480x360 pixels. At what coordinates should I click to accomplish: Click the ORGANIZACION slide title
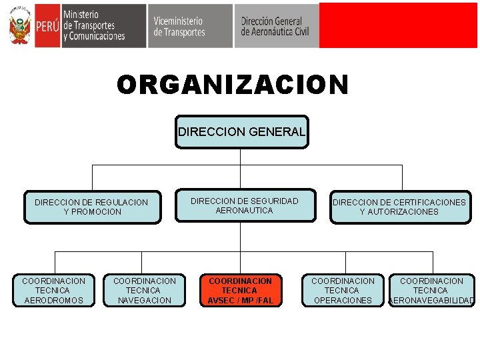coord(233,85)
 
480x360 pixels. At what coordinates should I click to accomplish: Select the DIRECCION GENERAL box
coord(241,132)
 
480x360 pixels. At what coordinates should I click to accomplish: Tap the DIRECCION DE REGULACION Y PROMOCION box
coord(91,207)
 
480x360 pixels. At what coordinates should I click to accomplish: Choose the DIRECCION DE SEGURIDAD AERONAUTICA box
coord(245,205)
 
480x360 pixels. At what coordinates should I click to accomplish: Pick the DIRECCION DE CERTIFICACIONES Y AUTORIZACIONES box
coord(399,207)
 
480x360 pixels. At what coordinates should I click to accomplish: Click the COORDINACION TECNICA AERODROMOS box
coord(53,291)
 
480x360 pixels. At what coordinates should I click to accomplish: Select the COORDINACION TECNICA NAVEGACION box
coord(145,291)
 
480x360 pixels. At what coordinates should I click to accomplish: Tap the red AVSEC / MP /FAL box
coord(241,291)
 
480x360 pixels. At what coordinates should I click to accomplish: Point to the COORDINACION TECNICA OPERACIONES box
coord(343,291)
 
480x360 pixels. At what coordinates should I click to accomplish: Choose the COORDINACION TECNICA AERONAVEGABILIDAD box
coord(431,291)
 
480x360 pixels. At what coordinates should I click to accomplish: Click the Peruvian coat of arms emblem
coord(20,26)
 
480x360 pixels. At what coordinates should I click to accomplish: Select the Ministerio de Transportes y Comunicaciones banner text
coord(94,26)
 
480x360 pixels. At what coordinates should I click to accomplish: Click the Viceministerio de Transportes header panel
coord(189,26)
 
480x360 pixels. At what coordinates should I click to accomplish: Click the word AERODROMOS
coord(53,301)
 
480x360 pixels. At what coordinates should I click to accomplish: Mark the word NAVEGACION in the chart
coord(145,301)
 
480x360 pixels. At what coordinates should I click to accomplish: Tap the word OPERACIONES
coord(343,301)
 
